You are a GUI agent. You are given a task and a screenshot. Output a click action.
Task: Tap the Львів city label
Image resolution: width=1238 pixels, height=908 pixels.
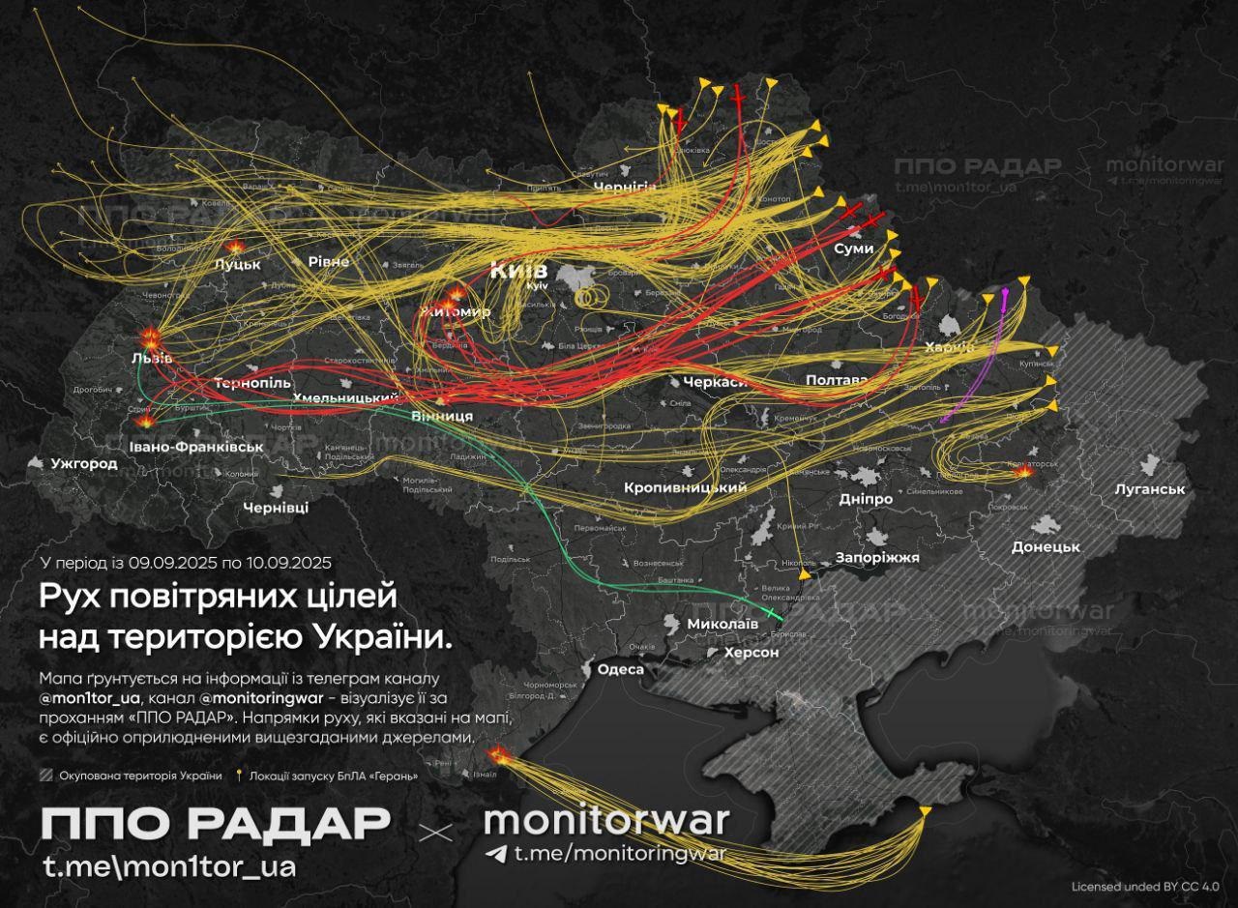click(x=152, y=359)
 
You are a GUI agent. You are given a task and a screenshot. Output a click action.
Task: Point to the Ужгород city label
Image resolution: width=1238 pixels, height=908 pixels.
click(x=84, y=464)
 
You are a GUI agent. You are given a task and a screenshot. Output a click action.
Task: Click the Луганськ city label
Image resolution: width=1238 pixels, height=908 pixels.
click(x=1149, y=489)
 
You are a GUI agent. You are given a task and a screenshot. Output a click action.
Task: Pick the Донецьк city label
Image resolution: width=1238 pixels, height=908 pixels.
click(x=1045, y=547)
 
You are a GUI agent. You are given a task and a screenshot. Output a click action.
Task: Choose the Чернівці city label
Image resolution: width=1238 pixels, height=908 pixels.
click(x=276, y=508)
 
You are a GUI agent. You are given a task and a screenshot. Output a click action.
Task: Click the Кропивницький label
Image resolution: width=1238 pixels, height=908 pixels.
click(x=685, y=488)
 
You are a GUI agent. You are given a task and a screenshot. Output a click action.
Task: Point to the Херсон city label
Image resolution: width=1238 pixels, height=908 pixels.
click(x=752, y=653)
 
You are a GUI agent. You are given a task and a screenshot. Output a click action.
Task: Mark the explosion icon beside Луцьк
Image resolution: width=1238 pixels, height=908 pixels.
click(x=235, y=248)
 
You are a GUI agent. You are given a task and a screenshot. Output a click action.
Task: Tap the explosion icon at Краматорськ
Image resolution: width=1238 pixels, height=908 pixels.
click(x=1025, y=472)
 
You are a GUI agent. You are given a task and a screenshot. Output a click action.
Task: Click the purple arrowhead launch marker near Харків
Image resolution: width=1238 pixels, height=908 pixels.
click(x=1006, y=289)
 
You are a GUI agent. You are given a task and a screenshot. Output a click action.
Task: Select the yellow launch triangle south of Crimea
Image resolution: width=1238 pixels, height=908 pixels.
click(x=926, y=810)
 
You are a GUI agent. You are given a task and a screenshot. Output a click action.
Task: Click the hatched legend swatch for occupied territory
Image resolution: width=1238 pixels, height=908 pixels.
click(x=45, y=776)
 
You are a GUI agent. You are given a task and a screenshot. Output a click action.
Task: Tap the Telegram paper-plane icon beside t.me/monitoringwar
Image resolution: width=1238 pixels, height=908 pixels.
click(x=496, y=854)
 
